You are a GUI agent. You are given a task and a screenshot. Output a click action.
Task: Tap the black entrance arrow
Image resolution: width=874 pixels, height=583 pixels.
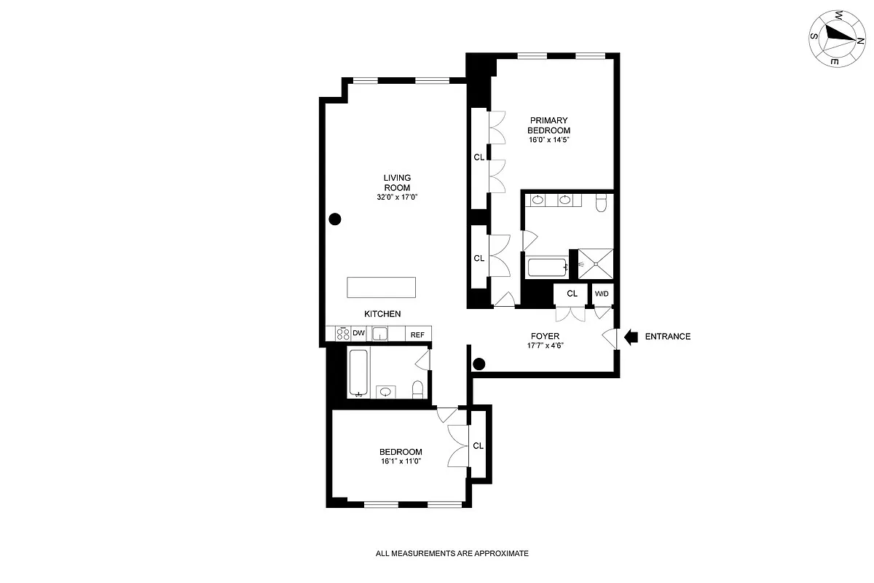[631, 336]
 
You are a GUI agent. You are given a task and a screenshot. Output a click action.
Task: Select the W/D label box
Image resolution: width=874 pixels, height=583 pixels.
[602, 294]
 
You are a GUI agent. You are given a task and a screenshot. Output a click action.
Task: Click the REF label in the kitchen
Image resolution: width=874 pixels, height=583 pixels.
[417, 334]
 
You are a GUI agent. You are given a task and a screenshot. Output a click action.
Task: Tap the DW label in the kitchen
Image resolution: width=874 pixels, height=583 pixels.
[358, 334]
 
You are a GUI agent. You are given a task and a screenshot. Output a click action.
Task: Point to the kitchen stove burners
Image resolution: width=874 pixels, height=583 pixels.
[343, 334]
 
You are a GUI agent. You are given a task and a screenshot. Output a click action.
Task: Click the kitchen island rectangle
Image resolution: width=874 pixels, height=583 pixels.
[382, 287]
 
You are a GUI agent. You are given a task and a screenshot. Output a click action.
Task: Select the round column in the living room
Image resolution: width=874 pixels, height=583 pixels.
[335, 218]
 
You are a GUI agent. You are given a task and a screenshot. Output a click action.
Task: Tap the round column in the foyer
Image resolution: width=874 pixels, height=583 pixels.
[479, 364]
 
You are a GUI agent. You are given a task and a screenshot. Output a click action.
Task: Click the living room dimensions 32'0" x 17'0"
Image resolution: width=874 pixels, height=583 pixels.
[398, 197]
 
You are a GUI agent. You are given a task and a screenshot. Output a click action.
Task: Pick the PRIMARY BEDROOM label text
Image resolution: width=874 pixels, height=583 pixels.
[548, 125]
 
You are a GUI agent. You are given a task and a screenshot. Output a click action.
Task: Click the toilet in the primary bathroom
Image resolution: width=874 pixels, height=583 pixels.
[601, 203]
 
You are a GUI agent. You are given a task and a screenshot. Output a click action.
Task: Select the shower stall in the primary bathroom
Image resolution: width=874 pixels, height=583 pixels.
[595, 264]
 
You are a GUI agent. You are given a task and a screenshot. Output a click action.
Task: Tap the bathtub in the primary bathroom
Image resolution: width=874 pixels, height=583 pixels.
[547, 267]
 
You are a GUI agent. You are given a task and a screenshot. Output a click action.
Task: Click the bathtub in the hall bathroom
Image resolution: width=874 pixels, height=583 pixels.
[358, 372]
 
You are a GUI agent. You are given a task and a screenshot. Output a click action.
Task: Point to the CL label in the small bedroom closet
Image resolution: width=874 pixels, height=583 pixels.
[479, 446]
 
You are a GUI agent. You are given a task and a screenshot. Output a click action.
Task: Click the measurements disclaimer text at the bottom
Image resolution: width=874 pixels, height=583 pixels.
[452, 553]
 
